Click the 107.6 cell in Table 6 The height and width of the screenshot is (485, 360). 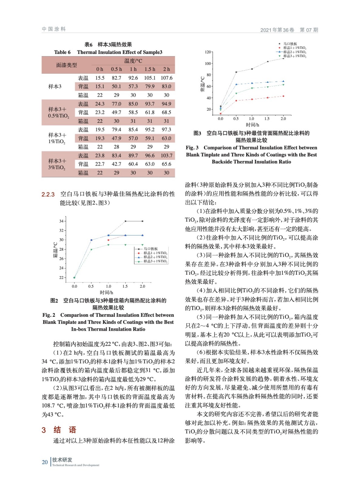[x=167, y=78]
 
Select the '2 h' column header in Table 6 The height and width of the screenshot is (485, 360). [x=167, y=69]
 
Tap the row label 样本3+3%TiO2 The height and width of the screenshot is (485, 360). [x=57, y=164]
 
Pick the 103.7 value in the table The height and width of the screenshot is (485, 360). [x=167, y=156]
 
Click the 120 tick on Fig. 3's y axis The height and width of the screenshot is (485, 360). [x=208, y=52]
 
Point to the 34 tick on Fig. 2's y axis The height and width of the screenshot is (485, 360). [x=62, y=221]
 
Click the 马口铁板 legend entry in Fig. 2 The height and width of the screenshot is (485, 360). [x=151, y=249]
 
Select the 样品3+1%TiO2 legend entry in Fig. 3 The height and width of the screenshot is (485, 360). [x=294, y=56]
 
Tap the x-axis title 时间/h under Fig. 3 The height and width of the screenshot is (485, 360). [x=252, y=125]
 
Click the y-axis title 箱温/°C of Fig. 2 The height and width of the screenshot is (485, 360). [x=56, y=250]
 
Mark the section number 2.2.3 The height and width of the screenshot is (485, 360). [x=48, y=194]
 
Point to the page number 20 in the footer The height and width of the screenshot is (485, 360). [x=45, y=462]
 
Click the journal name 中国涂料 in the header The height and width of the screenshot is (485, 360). [x=54, y=29]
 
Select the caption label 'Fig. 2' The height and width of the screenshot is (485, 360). [x=49, y=315]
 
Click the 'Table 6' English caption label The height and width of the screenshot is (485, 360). [x=62, y=52]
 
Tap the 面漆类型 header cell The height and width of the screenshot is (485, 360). [x=66, y=65]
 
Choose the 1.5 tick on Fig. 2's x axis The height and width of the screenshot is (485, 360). [x=125, y=286]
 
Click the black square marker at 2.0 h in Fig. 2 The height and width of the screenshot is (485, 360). [x=143, y=221]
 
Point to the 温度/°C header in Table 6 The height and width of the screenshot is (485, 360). [x=133, y=61]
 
